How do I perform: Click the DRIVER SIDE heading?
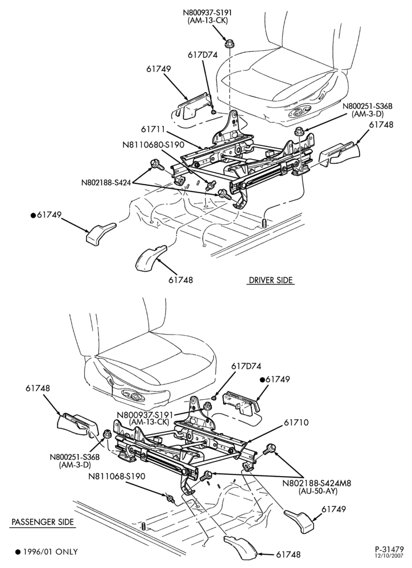pos(270,280)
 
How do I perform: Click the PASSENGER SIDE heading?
pos(43,522)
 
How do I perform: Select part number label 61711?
pos(153,130)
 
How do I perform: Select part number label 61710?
pos(296,423)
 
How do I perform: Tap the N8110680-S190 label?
pos(153,145)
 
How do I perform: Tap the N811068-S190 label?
pos(117,477)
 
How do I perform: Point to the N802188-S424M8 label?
pos(317,483)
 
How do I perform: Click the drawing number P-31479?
pos(389,549)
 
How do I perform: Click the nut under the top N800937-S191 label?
pos(229,44)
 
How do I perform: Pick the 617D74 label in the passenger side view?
pos(246,366)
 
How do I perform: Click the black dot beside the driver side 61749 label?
pos(32,215)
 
